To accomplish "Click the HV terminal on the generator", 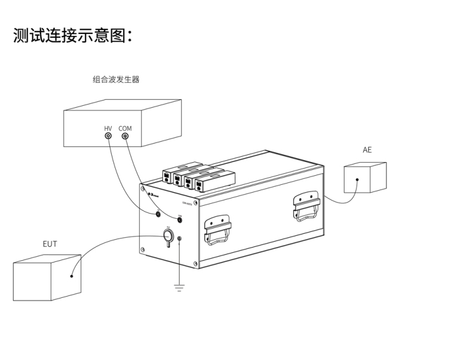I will pos(108,136).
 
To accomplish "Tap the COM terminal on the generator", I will pos(125,136).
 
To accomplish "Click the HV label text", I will pos(108,128).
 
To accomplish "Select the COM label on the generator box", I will pos(125,128).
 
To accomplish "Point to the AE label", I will pos(367,150).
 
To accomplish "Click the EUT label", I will pos(50,244).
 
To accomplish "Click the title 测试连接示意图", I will pos(72,35).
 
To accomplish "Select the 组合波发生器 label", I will pos(116,80).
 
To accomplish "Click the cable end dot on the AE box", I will pos(357,179).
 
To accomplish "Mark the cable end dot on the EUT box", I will pos(72,276).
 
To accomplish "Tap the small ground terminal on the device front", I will pos(179,240).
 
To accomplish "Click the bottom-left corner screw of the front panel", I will pos(143,249).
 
